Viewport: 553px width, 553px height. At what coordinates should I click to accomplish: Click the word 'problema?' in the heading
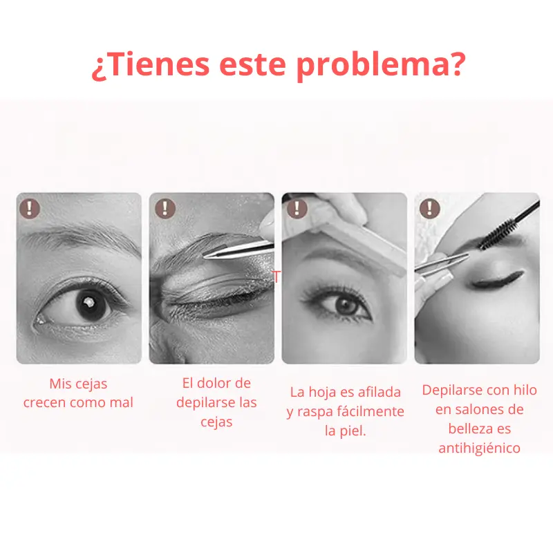(381, 66)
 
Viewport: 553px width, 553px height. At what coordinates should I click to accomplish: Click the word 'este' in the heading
(252, 66)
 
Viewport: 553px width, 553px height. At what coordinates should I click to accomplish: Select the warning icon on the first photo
(30, 208)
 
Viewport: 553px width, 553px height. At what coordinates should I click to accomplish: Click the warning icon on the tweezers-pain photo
(165, 208)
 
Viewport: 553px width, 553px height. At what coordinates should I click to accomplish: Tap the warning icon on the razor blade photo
(297, 208)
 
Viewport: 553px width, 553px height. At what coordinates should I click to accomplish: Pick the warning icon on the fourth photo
(429, 208)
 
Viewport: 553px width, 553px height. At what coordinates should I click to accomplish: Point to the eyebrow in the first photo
(80, 238)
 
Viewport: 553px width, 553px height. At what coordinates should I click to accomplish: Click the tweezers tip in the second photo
(205, 256)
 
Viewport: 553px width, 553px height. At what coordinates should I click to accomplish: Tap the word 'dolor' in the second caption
(223, 383)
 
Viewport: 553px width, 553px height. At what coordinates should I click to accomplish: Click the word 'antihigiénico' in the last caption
(479, 448)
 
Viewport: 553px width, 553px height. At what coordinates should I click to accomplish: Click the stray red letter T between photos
(277, 277)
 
